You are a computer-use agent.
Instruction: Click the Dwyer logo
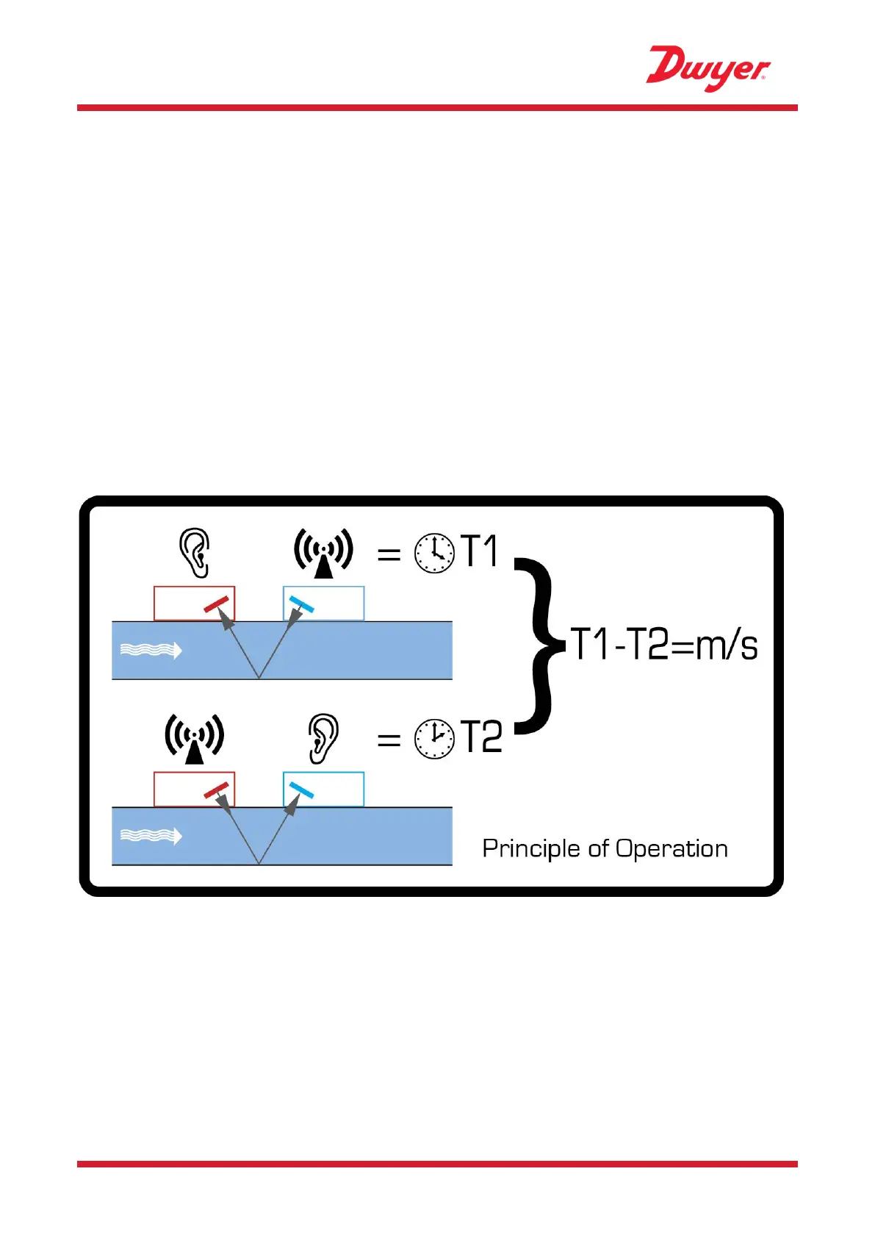707,68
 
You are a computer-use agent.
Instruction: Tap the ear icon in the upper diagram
195,553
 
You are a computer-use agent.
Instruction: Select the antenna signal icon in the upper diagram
323,553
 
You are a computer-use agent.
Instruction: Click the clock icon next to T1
435,553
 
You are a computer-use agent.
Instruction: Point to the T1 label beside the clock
480,551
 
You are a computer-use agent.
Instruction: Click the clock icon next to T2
435,738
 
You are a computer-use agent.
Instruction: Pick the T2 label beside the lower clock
481,737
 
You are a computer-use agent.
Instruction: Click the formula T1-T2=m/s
663,645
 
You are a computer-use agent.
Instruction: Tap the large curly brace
539,645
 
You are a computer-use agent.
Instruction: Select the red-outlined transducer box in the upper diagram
194,604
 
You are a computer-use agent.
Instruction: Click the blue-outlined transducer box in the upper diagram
323,604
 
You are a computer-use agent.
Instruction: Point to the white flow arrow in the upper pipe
151,650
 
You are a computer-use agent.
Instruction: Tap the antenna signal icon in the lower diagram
194,738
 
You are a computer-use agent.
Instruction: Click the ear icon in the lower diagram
323,738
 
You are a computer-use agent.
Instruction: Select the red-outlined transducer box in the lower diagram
194,789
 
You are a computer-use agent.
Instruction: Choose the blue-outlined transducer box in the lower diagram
323,789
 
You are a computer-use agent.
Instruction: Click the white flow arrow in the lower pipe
151,836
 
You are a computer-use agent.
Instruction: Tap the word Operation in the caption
671,849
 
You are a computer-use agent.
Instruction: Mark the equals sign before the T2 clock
389,740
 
